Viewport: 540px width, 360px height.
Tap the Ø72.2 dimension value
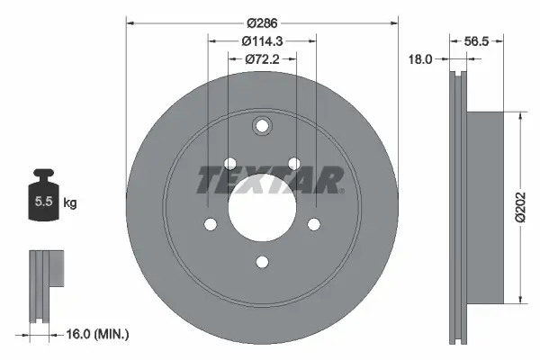[262, 58]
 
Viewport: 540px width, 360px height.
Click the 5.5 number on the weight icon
[42, 202]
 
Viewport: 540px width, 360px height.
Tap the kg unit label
[70, 202]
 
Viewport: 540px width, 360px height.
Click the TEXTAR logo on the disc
[270, 179]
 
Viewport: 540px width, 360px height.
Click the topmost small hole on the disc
[262, 126]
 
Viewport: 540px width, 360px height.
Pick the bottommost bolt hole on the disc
[262, 262]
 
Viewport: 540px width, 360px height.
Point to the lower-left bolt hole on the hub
[210, 224]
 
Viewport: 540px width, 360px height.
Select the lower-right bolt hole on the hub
[314, 224]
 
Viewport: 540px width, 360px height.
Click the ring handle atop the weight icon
[42, 174]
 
